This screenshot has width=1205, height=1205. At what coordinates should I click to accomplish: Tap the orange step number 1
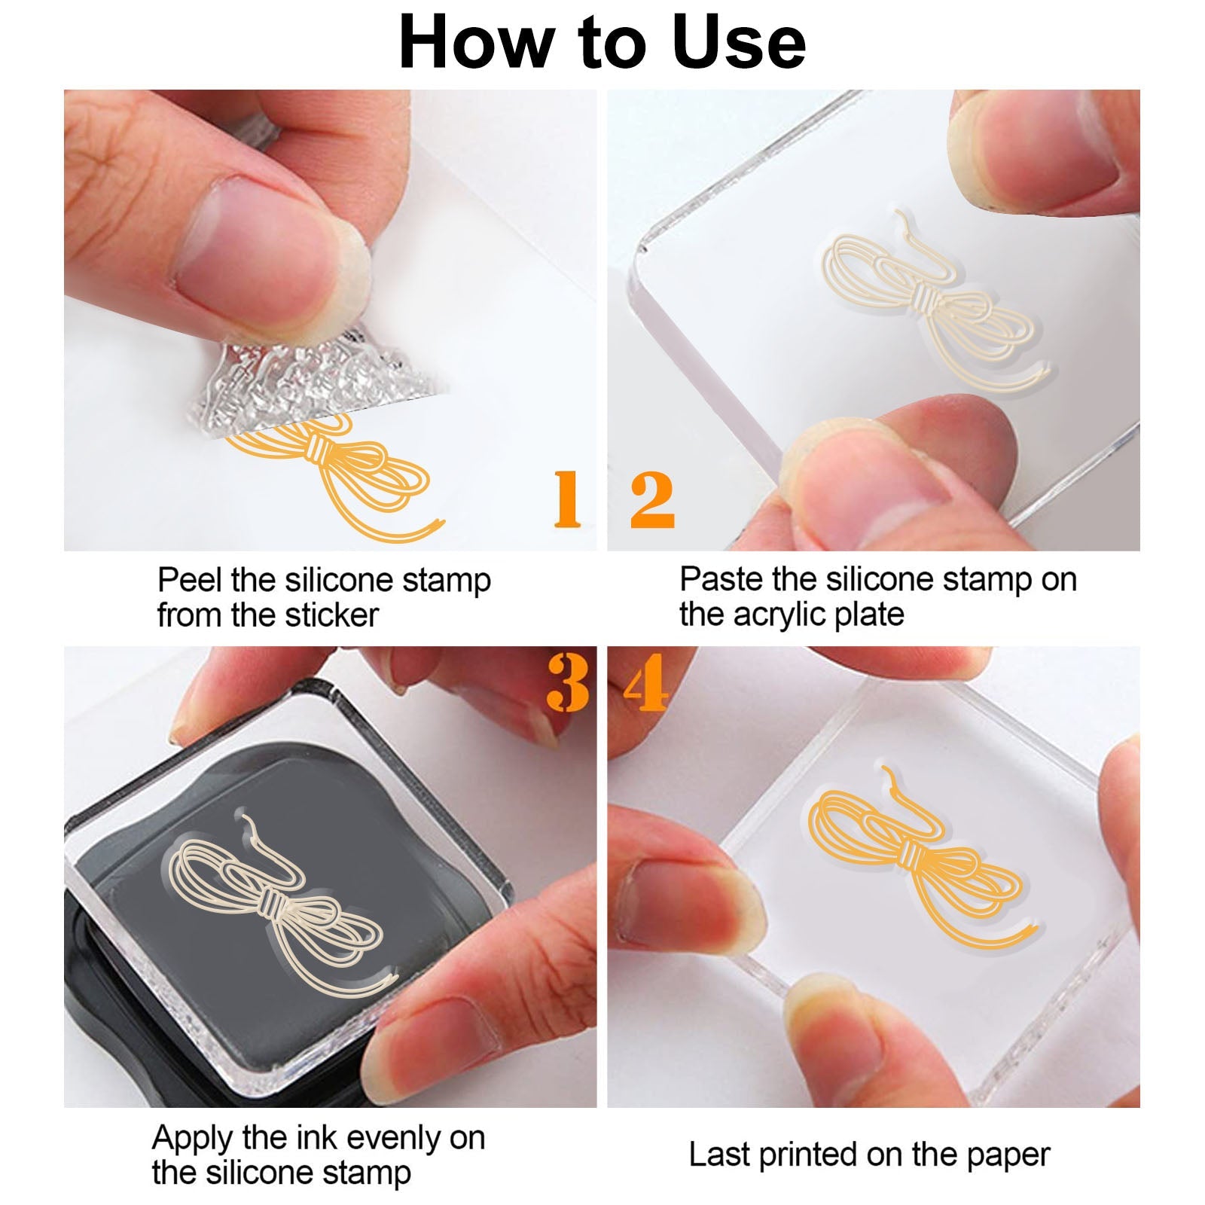(x=567, y=499)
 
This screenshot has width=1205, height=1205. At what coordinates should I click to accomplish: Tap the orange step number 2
(x=652, y=499)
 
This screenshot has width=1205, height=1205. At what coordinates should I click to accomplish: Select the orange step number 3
(x=568, y=682)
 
